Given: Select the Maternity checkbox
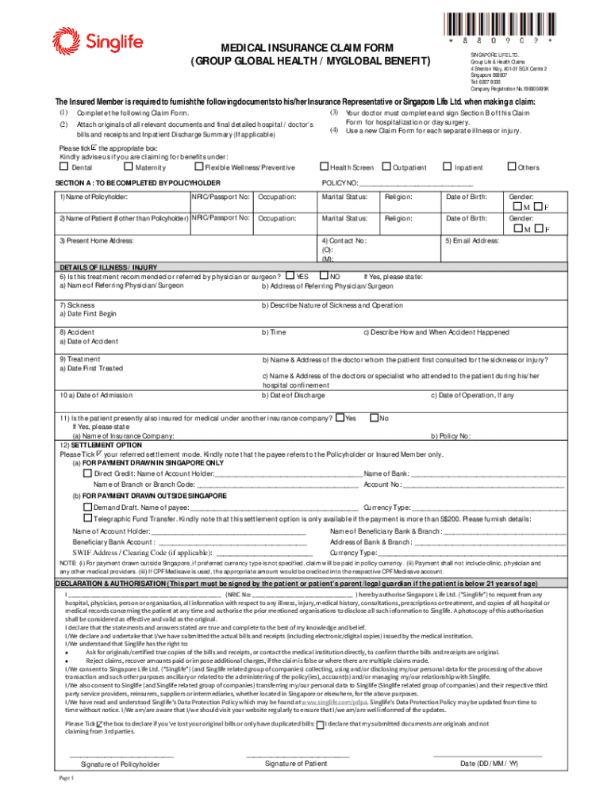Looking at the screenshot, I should click(x=129, y=167).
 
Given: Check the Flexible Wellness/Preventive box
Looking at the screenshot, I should click(x=198, y=167).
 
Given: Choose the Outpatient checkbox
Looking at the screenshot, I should click(x=386, y=167).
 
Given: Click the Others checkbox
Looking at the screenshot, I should click(x=510, y=167).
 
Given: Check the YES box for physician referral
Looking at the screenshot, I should click(x=290, y=276).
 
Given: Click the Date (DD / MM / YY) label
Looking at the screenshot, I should click(x=489, y=764).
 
